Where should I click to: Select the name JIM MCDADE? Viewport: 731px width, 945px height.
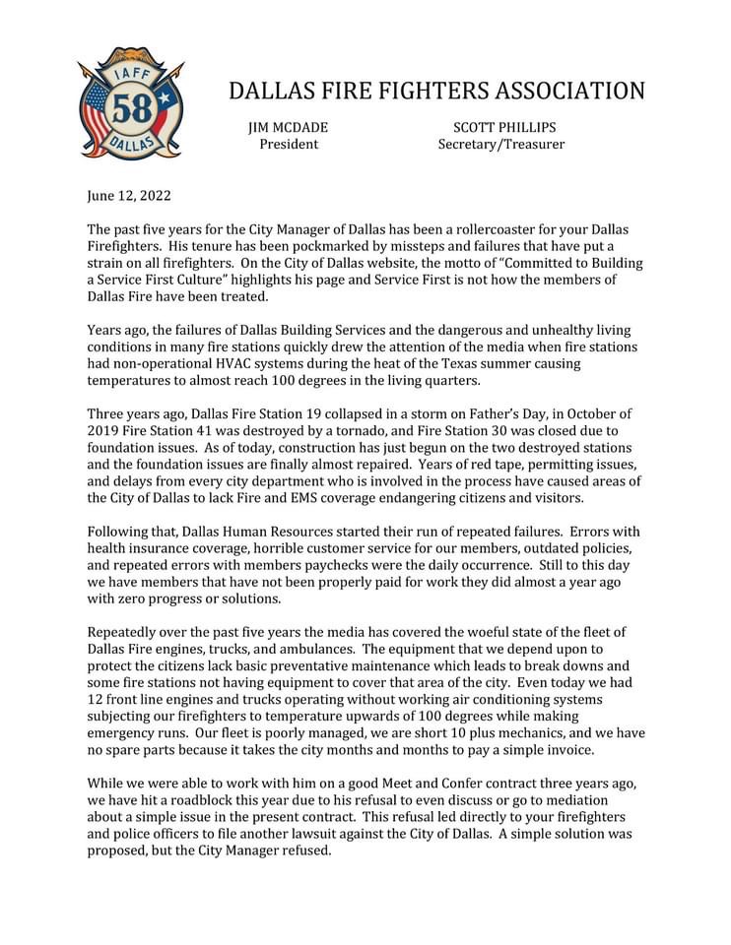coord(289,128)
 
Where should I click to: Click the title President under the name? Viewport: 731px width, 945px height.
coord(289,145)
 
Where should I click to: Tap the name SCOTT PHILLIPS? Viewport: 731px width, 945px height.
coord(504,128)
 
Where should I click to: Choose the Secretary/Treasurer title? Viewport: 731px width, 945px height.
coord(501,145)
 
